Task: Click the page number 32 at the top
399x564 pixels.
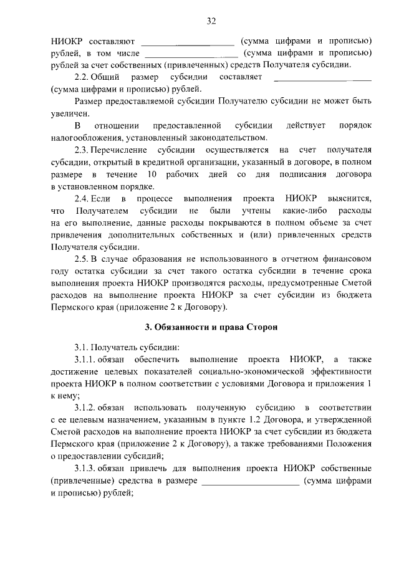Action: pos(211,22)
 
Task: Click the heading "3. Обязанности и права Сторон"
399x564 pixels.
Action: pos(211,327)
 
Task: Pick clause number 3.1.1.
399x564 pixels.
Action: pos(86,359)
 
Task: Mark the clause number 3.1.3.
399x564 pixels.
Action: pos(86,469)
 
